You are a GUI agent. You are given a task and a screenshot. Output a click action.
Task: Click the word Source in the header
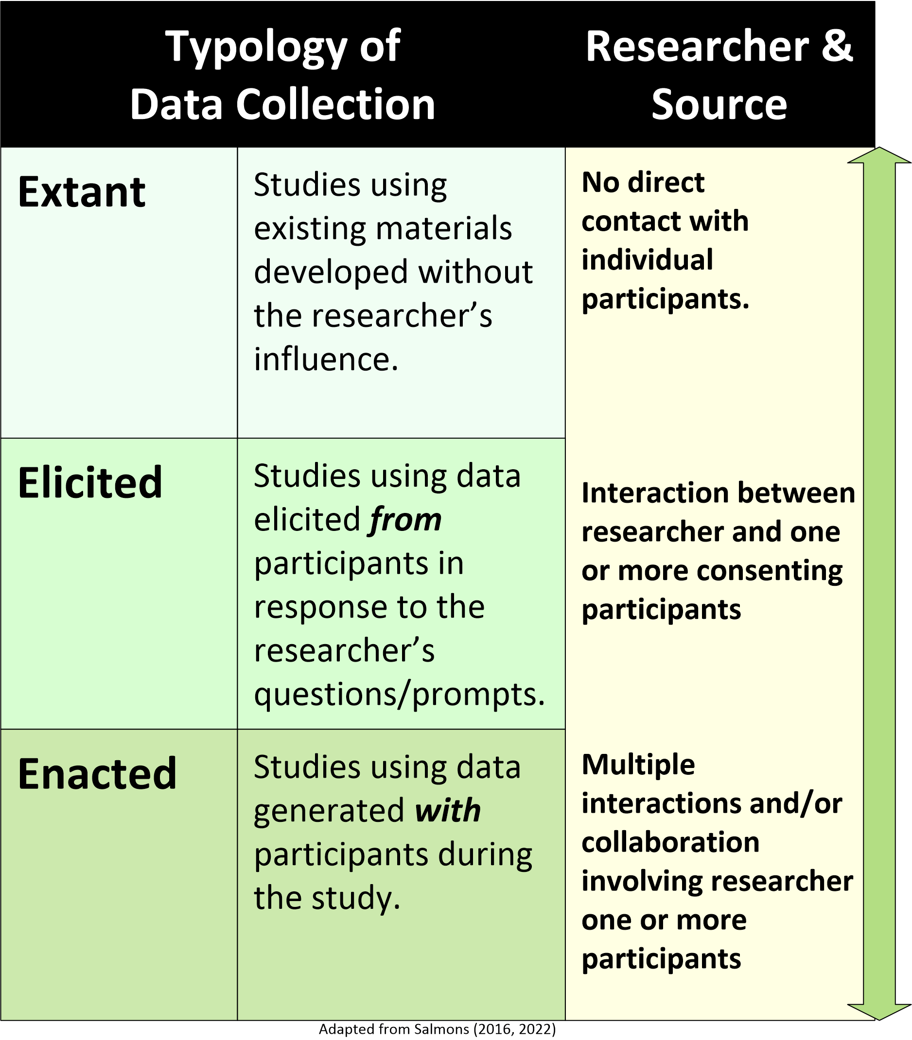(719, 104)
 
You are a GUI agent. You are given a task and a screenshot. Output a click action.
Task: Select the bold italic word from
(405, 520)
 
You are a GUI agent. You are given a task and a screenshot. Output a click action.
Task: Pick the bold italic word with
(447, 810)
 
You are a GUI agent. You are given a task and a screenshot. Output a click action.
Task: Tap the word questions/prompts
(399, 694)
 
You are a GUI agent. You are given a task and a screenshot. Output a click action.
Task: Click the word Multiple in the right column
(638, 765)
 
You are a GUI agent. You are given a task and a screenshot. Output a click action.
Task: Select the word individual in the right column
(647, 259)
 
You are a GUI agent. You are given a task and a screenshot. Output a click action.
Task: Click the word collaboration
(670, 842)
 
